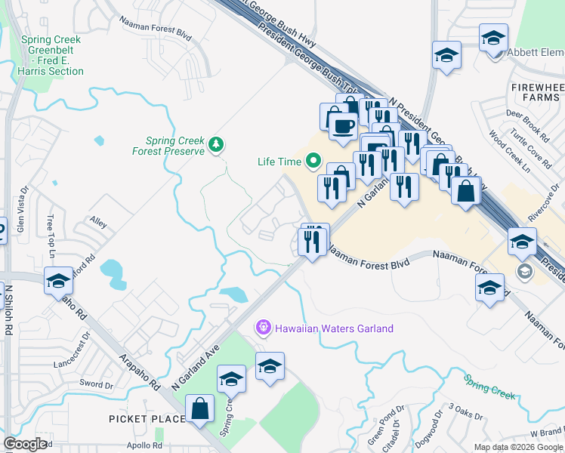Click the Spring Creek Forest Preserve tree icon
pyautogui.click(x=217, y=144)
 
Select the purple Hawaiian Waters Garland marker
pyautogui.click(x=263, y=328)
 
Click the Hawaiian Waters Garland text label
pyautogui.click(x=334, y=328)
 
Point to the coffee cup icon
pyautogui.click(x=343, y=125)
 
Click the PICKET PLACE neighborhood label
pyautogui.click(x=146, y=419)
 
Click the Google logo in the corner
pyautogui.click(x=25, y=443)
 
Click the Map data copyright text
pyautogui.click(x=518, y=447)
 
